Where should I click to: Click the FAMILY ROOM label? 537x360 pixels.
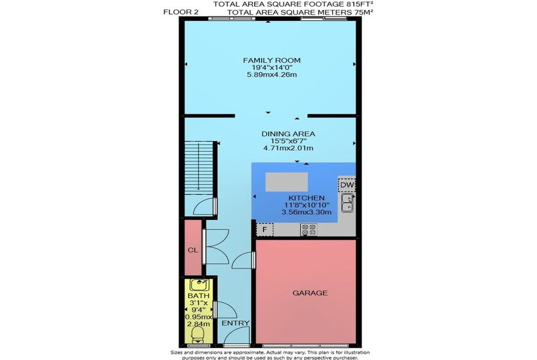(272, 60)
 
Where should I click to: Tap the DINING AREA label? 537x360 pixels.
(288, 134)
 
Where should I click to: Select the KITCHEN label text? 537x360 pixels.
(307, 198)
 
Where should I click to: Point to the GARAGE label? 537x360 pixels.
(310, 293)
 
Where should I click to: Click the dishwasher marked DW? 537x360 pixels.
(347, 185)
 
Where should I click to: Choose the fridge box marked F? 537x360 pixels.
(264, 229)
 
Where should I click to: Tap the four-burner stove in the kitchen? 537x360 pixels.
(309, 230)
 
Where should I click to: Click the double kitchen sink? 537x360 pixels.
(347, 203)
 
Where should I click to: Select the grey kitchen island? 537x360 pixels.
(286, 182)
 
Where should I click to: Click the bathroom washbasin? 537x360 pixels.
(200, 284)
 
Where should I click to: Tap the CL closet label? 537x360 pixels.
(193, 250)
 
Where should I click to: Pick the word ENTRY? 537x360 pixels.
(235, 323)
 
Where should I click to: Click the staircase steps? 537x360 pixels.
(199, 167)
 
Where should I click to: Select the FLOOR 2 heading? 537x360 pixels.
(181, 12)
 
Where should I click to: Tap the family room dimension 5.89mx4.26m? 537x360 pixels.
(272, 75)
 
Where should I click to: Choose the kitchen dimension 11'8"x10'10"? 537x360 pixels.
(307, 205)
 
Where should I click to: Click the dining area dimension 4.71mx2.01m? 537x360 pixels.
(288, 148)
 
